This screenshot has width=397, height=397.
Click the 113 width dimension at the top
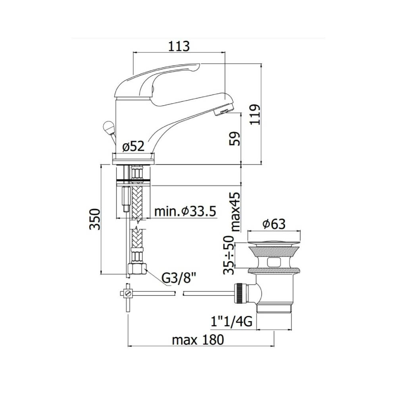(x=179, y=46)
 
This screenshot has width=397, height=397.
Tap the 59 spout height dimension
(x=235, y=139)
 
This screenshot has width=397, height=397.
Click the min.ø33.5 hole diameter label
(x=185, y=212)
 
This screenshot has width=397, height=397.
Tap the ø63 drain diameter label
(x=274, y=224)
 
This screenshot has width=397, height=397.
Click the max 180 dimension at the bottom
(x=198, y=340)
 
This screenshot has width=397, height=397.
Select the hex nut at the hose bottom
(x=137, y=270)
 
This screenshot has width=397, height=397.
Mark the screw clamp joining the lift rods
(x=127, y=294)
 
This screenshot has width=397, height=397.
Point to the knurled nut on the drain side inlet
(x=240, y=293)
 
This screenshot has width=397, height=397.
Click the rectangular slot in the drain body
(x=274, y=262)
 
